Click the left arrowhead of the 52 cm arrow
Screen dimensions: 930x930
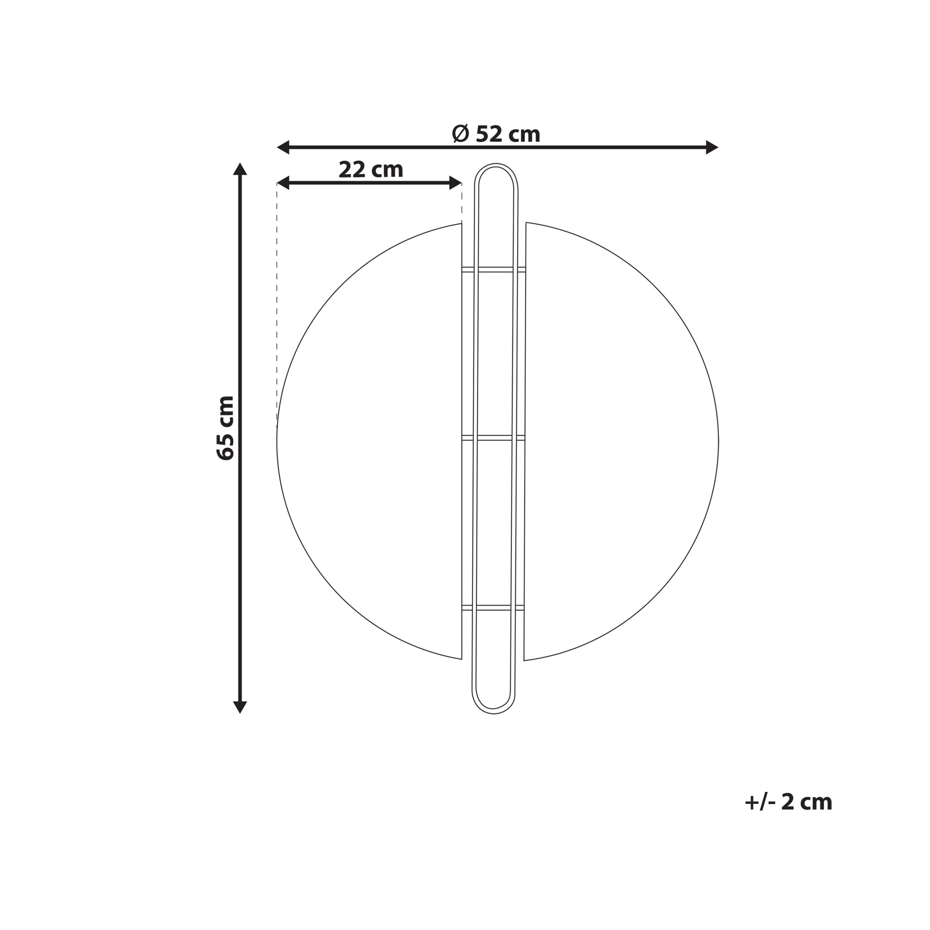pos(283,147)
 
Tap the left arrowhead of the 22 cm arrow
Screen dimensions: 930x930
pos(283,183)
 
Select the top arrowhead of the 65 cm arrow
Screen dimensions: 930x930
pos(240,169)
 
